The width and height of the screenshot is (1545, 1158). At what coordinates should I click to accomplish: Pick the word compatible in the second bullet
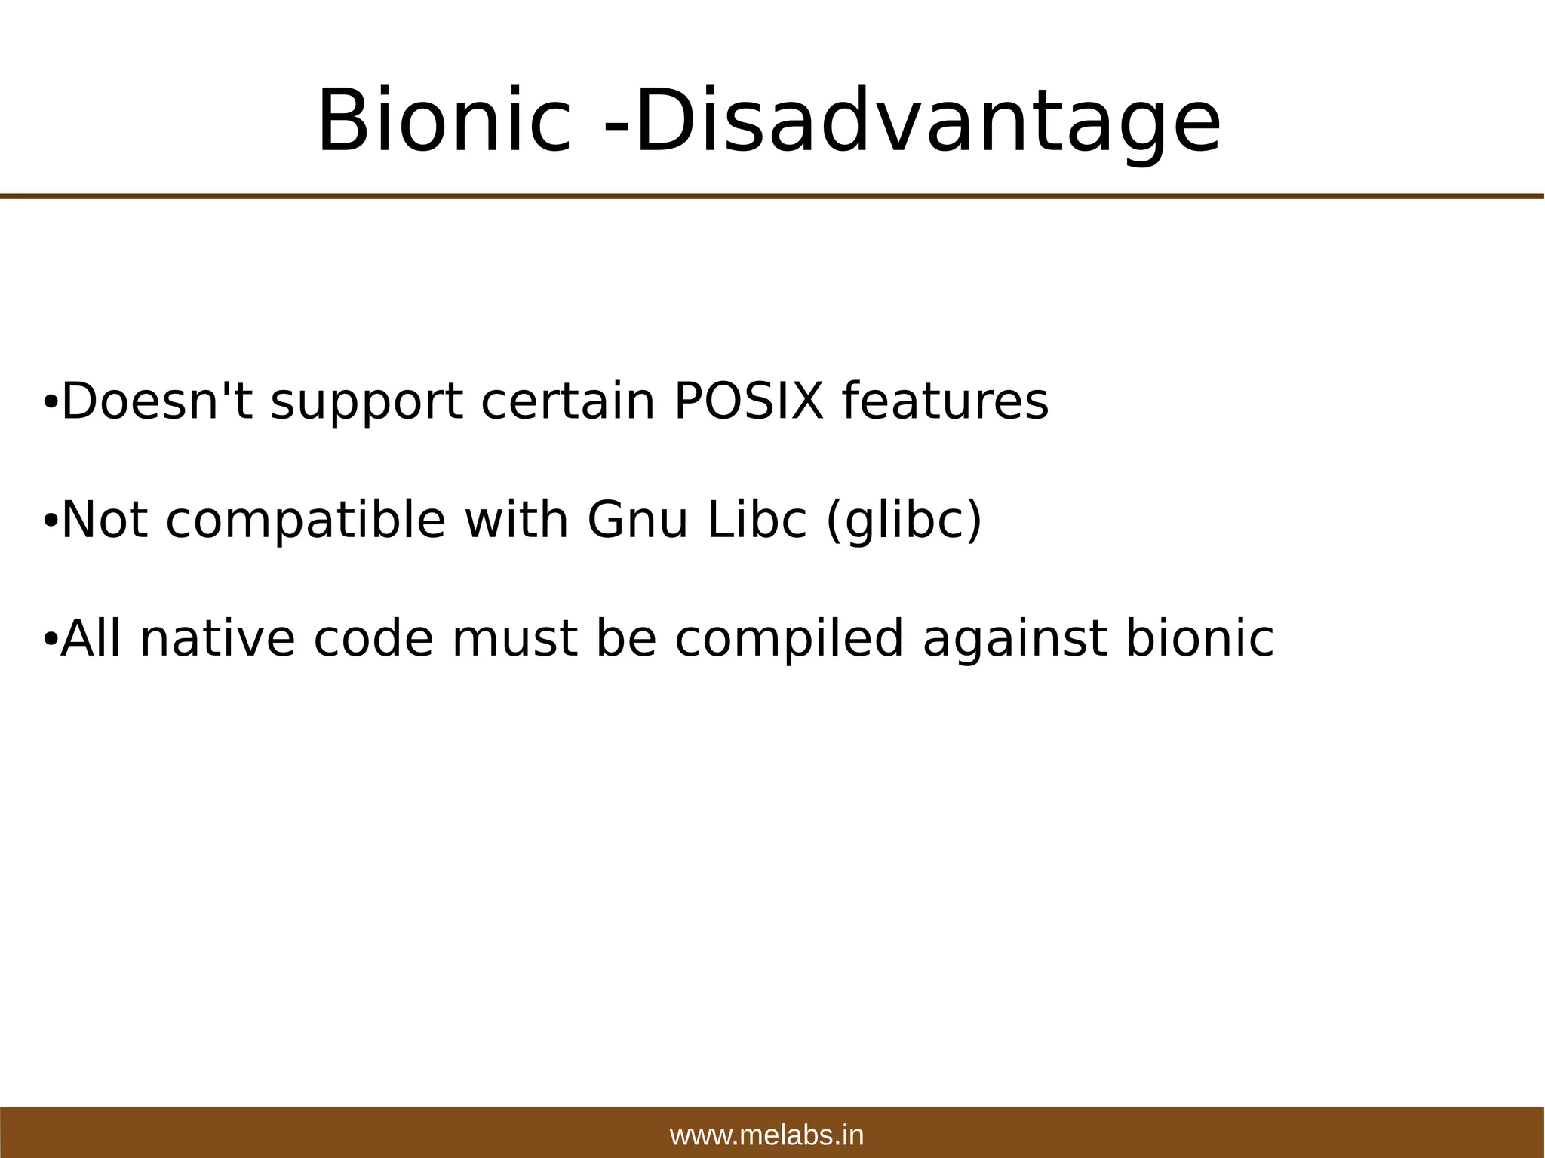point(306,521)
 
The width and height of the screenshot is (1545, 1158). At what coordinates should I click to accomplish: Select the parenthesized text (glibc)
point(904,521)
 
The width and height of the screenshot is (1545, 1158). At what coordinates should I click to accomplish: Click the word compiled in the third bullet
point(789,640)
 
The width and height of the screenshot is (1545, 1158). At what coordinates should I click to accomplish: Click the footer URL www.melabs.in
point(766,1135)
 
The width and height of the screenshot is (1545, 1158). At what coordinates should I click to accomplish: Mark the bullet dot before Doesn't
point(49,402)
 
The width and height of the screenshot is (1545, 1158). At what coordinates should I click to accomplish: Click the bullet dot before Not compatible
point(49,521)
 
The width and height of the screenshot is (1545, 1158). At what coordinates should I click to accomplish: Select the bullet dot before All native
point(49,640)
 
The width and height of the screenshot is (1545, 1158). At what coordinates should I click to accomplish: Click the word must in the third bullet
point(514,638)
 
